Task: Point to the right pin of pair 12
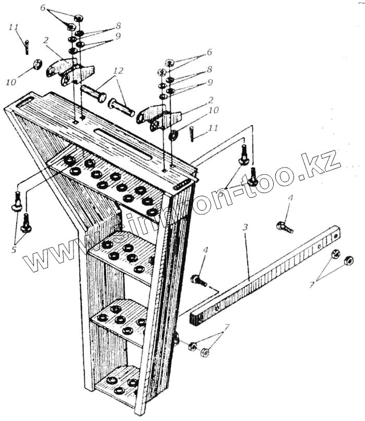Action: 122,108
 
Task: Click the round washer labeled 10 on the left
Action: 37,65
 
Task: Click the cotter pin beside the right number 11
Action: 192,133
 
